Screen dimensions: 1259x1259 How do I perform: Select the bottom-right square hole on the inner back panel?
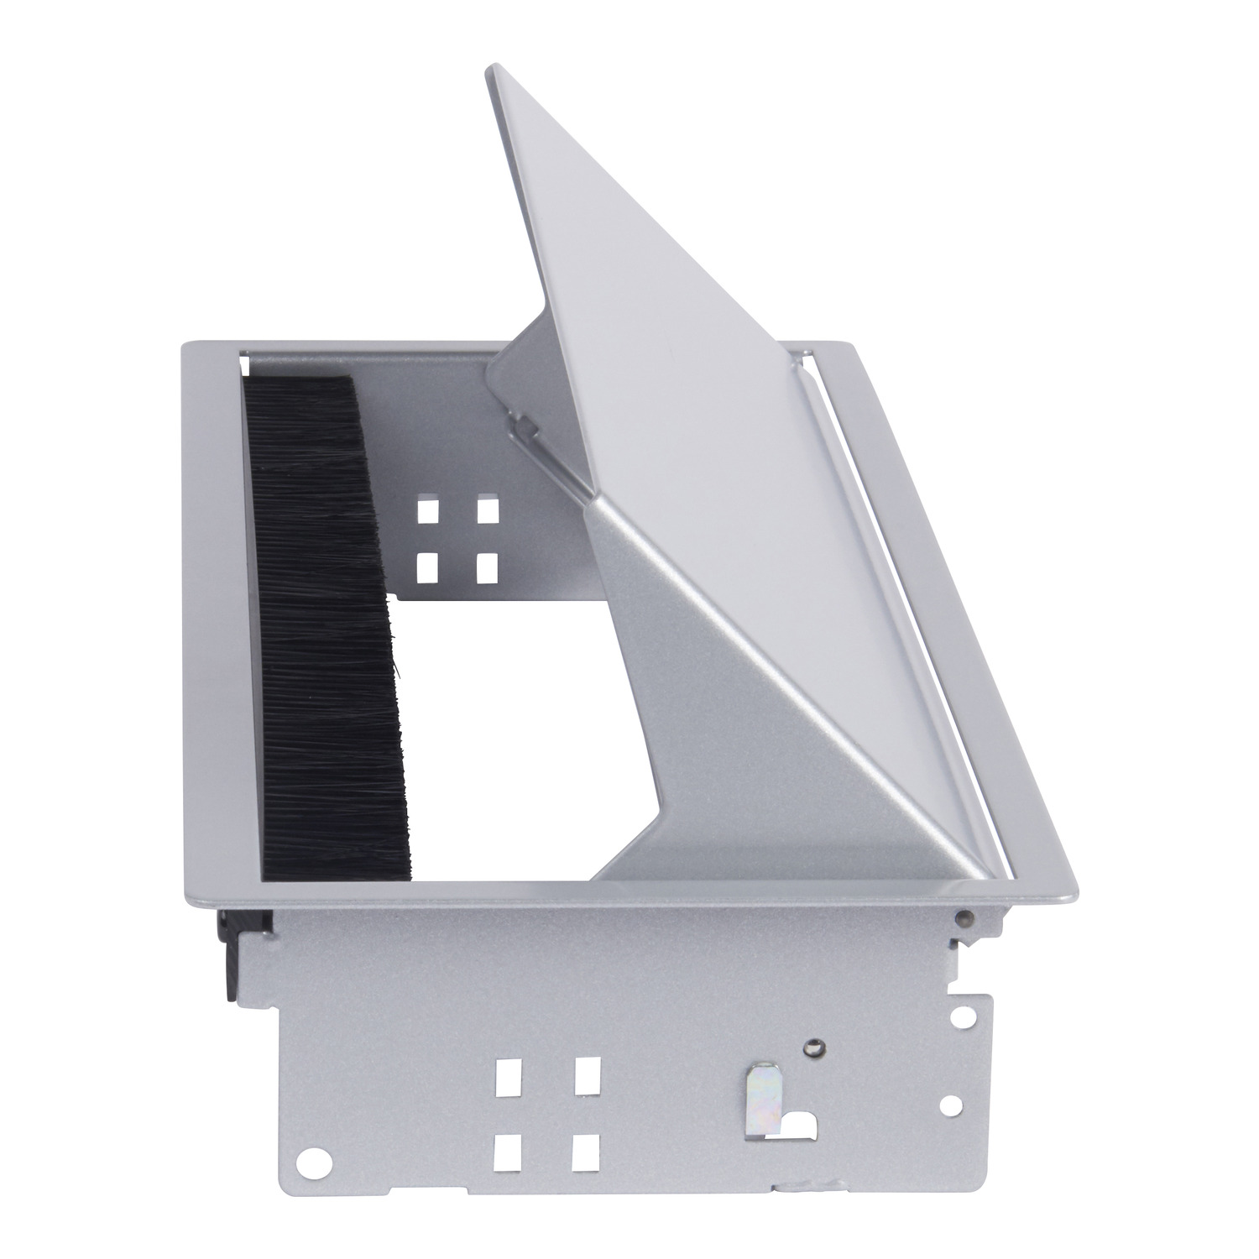pos(487,568)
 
